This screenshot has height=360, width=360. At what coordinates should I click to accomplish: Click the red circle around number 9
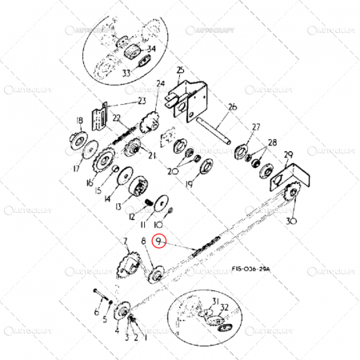[x=160, y=241]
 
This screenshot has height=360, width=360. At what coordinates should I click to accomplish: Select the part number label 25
[x=180, y=70]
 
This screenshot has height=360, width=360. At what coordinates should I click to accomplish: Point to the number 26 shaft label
[x=233, y=107]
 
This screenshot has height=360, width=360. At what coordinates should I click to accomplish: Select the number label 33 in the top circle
[x=126, y=74]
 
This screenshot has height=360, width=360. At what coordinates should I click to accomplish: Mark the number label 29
[x=288, y=154]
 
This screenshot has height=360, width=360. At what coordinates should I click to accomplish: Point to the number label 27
[x=256, y=127]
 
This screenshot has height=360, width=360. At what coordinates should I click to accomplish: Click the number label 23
[x=142, y=101]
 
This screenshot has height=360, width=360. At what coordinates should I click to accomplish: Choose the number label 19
[x=190, y=185]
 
